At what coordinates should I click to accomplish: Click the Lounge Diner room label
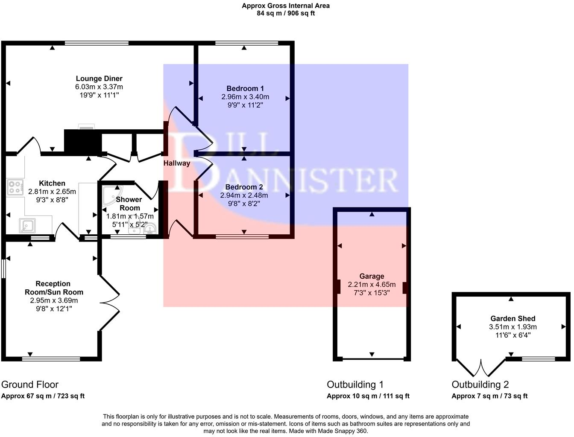(99, 79)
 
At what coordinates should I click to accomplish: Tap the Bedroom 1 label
(245, 88)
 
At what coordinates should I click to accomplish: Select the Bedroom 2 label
(244, 187)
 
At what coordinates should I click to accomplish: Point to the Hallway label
(176, 163)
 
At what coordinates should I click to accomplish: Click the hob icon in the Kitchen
(15, 188)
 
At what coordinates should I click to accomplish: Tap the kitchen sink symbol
(28, 226)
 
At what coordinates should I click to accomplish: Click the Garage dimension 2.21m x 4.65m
(372, 285)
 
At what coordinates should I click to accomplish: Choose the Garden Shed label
(512, 318)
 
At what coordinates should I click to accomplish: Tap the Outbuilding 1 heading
(355, 385)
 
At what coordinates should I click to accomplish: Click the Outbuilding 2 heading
(480, 385)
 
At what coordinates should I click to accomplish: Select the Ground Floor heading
(30, 385)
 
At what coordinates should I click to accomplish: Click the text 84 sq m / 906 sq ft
(286, 13)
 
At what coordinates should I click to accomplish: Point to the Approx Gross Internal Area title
(286, 6)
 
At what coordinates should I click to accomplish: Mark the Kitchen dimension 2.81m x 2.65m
(52, 192)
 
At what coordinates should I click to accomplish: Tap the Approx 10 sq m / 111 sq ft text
(368, 396)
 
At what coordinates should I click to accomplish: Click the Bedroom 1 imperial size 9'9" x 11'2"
(245, 105)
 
